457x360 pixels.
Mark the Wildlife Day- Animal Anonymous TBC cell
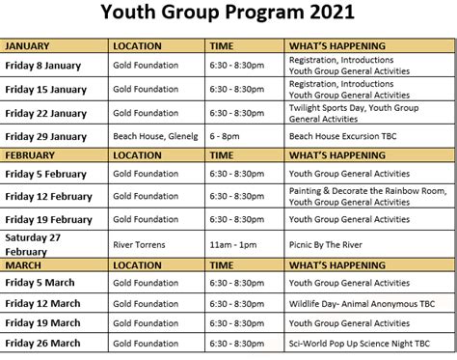coord(364,303)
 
